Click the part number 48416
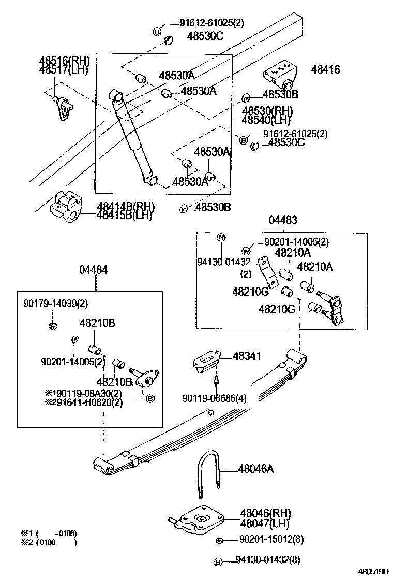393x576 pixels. point(325,70)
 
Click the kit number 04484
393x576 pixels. point(94,270)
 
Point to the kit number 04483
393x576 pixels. point(283,220)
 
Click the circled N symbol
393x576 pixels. point(221,238)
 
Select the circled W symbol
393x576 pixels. point(252,251)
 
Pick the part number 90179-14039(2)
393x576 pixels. point(55,303)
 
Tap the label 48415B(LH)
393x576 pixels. point(124,215)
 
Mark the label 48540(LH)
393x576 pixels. point(267,120)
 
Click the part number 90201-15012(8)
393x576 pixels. point(271,540)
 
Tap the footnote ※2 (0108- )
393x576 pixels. point(49,542)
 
